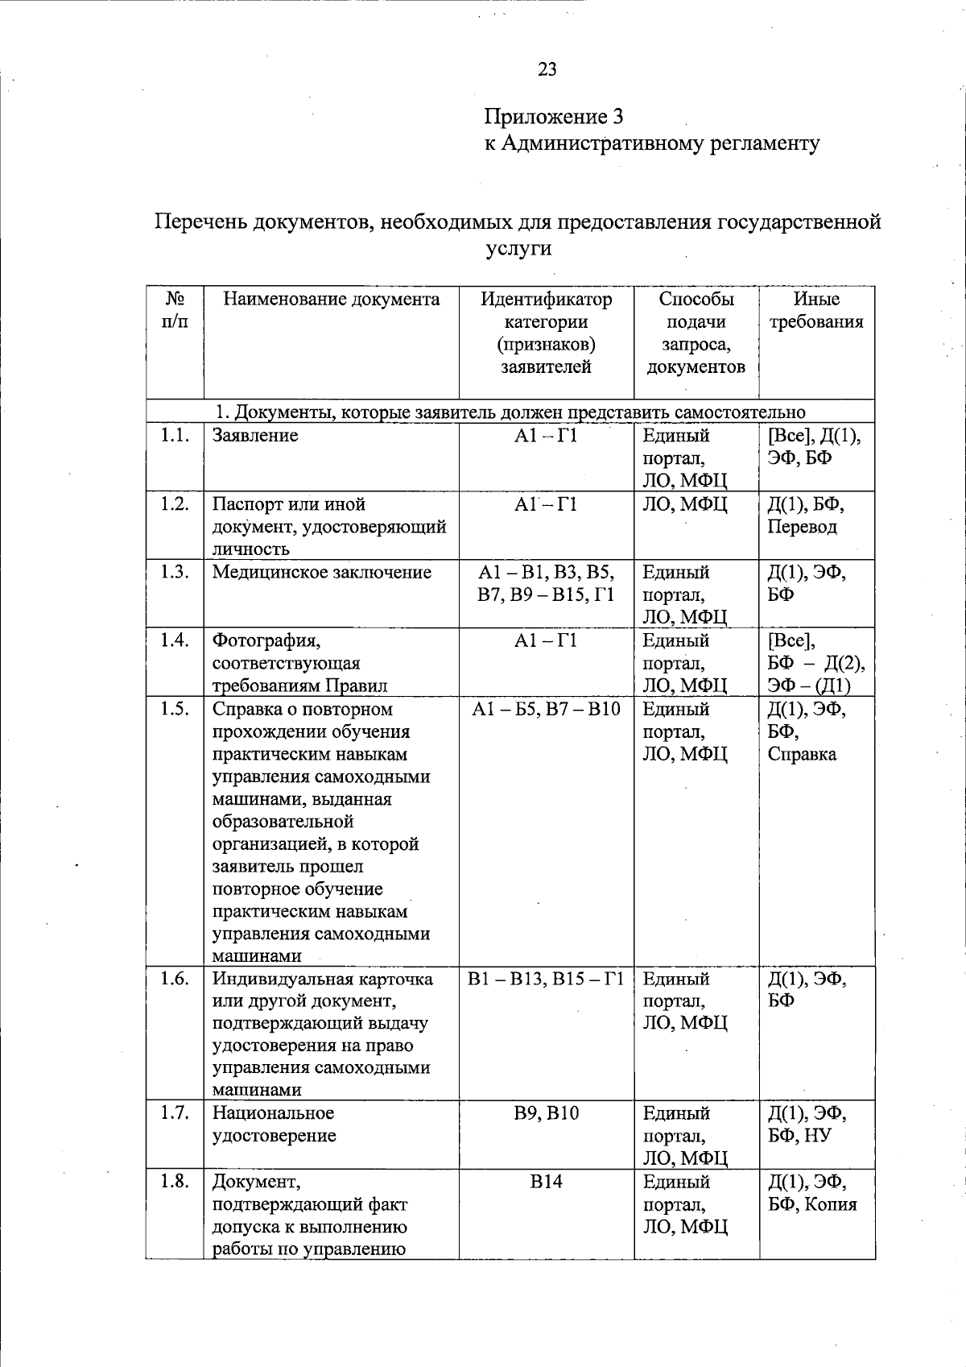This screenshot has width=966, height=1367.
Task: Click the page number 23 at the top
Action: (547, 69)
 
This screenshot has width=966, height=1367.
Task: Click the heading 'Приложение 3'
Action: (553, 117)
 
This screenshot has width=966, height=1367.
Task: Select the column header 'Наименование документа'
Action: (331, 300)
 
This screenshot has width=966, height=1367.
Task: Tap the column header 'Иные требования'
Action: (816, 311)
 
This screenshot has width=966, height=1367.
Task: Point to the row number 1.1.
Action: (174, 436)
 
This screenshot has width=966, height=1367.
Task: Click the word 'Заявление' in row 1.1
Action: (255, 436)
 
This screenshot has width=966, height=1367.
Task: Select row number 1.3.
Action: (174, 572)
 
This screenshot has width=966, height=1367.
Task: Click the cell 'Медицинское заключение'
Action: (322, 573)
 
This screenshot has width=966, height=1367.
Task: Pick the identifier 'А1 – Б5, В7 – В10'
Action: (546, 710)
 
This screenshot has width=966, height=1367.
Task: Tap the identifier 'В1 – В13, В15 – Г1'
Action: (546, 980)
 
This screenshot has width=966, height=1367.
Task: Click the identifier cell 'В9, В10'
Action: (546, 1113)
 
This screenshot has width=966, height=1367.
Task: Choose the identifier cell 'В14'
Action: (546, 1182)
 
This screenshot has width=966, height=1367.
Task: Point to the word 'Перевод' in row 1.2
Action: (802, 527)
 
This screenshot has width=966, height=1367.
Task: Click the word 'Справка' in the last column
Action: (802, 755)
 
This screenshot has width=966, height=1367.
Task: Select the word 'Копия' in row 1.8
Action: (831, 1205)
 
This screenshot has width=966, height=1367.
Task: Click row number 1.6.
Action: (174, 980)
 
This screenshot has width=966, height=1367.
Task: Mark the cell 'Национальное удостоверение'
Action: (274, 1125)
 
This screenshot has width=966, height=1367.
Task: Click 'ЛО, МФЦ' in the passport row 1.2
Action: (685, 505)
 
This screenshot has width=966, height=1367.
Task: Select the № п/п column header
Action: (175, 311)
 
